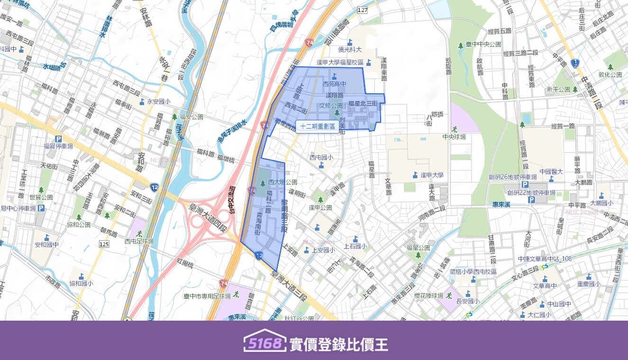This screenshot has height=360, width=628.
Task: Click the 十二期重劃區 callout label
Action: coord(317,126)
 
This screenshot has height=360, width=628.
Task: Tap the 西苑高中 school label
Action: coord(334,84)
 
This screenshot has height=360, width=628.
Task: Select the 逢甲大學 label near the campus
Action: coord(432,175)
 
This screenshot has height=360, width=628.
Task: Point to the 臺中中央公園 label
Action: coord(483,44)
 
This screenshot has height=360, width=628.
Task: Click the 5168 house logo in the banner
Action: coord(265,341)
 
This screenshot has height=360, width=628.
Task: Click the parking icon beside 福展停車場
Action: coord(59,139)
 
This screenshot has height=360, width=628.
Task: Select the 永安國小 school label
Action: coord(158,101)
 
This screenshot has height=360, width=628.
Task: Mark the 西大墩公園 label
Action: coord(282,182)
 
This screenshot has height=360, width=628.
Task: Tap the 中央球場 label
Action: coord(454,137)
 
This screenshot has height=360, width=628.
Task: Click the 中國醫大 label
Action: coord(551,172)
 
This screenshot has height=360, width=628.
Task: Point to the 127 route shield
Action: coord(363,9)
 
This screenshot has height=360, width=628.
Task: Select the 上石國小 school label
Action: coord(355,246)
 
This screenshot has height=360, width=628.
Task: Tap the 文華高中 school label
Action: coord(545,286)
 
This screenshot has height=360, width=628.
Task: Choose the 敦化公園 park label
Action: coord(610,74)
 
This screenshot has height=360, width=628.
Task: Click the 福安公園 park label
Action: coord(191,116)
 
